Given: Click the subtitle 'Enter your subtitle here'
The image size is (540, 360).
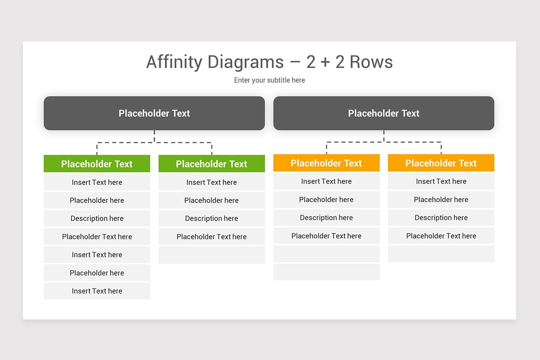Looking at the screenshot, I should (270, 80).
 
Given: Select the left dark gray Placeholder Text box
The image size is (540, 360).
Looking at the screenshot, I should (154, 113).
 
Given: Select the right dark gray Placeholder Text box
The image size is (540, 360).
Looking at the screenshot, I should (384, 113).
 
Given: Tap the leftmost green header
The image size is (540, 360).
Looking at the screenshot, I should (97, 164).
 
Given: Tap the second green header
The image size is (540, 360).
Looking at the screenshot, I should (211, 164).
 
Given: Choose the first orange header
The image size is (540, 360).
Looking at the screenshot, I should (326, 163).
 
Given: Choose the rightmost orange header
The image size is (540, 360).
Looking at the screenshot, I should (441, 163).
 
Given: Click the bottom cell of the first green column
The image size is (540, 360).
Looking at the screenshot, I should (97, 291).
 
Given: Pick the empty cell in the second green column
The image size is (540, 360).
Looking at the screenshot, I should (211, 255).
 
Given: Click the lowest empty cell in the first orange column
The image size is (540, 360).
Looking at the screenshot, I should (326, 272).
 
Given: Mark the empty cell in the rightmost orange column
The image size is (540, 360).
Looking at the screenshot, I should (441, 254).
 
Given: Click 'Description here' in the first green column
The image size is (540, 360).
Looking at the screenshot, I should (97, 218).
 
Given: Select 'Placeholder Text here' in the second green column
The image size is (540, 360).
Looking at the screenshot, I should (211, 237).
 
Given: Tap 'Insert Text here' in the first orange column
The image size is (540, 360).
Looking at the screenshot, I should (326, 181).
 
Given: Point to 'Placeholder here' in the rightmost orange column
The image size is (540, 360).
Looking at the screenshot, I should (441, 199).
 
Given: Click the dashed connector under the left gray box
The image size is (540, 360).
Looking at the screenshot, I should (154, 142).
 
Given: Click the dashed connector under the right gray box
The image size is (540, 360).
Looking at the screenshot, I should (384, 142).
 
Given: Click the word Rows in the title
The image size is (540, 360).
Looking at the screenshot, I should (371, 62).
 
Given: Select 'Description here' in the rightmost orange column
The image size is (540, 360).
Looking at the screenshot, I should (441, 217).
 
